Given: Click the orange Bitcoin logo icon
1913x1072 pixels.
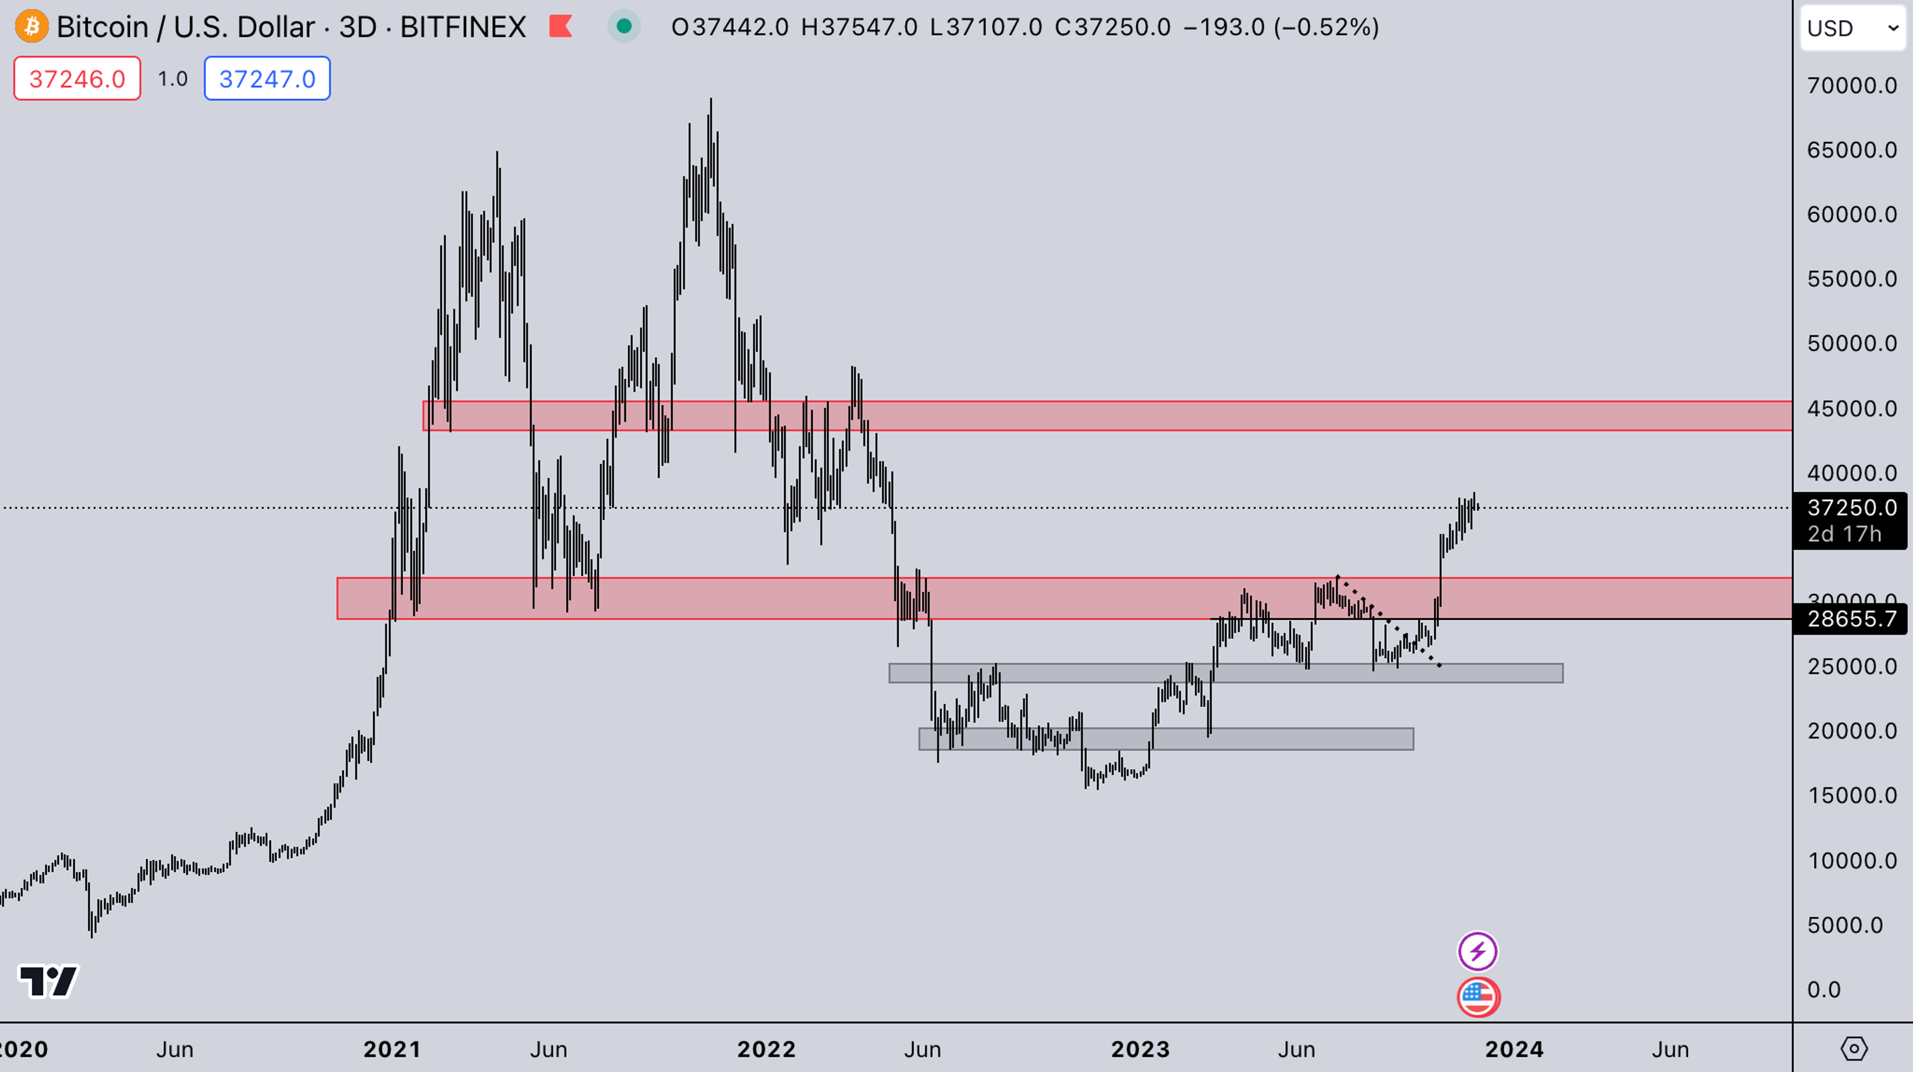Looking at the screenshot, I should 31,27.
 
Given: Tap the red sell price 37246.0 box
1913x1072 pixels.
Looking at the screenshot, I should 77,79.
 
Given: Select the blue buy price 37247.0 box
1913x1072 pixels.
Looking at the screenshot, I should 268,79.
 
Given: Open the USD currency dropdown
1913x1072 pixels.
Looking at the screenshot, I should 1852,28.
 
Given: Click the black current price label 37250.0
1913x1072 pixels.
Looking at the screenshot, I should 1851,508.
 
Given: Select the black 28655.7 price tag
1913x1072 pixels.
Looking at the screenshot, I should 1851,618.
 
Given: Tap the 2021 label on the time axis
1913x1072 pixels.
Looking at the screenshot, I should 392,1049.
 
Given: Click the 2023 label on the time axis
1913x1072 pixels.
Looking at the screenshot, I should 1140,1049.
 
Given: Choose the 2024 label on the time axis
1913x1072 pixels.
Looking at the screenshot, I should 1513,1049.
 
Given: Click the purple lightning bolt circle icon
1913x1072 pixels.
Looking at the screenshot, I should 1477,951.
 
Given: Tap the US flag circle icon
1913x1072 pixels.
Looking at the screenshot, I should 1478,996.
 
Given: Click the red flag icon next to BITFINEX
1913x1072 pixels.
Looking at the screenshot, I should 560,27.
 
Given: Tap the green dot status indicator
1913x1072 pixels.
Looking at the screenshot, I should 624,27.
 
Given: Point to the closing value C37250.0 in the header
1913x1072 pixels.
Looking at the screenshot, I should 1112,27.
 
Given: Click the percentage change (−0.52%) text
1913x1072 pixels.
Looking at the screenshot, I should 1326,27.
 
